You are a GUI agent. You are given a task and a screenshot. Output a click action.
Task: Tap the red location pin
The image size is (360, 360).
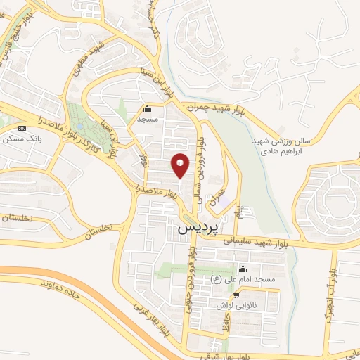(x=181, y=165)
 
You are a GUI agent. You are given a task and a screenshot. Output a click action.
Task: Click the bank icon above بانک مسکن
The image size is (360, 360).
(x=22, y=129)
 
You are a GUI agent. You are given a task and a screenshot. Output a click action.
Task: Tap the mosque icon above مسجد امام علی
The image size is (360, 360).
(x=243, y=269)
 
